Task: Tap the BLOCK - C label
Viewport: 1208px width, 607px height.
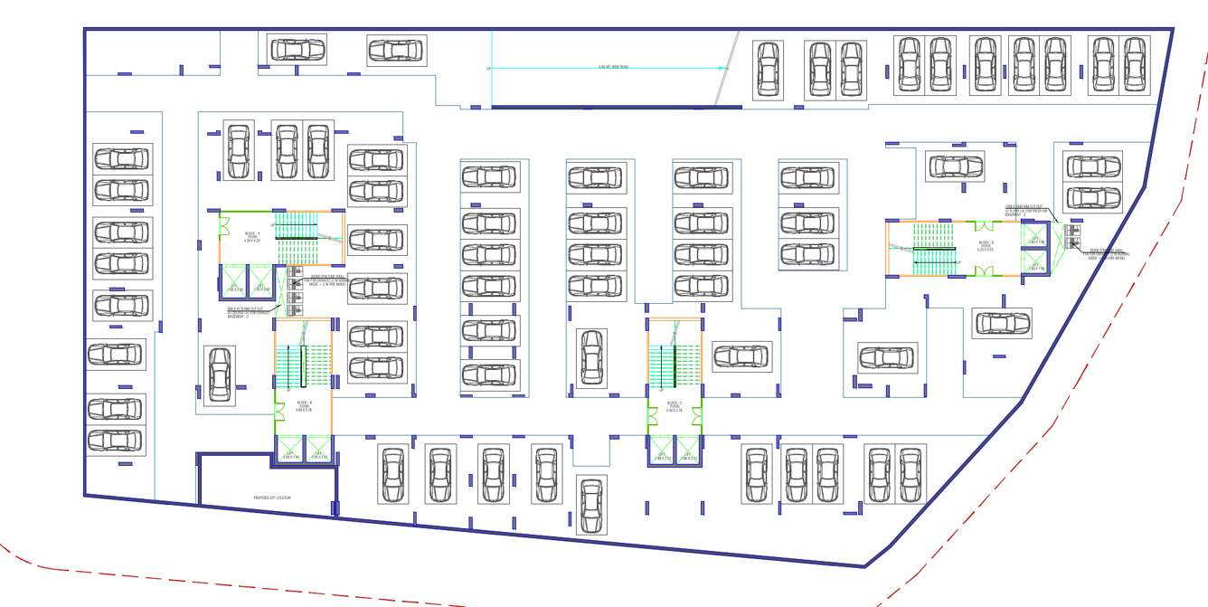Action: pos(675,404)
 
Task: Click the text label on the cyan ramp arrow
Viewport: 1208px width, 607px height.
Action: pos(613,67)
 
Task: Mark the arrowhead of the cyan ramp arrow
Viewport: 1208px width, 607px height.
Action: pos(722,67)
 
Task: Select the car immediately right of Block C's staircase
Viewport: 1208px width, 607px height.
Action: pos(741,356)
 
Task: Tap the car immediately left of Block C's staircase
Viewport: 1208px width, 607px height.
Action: pos(591,356)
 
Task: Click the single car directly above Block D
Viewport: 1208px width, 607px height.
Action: pos(955,166)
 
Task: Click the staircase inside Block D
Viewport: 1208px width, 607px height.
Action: pos(934,249)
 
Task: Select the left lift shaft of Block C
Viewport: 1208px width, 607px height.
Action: pos(662,451)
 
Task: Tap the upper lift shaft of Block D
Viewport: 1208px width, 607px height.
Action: pos(1034,235)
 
